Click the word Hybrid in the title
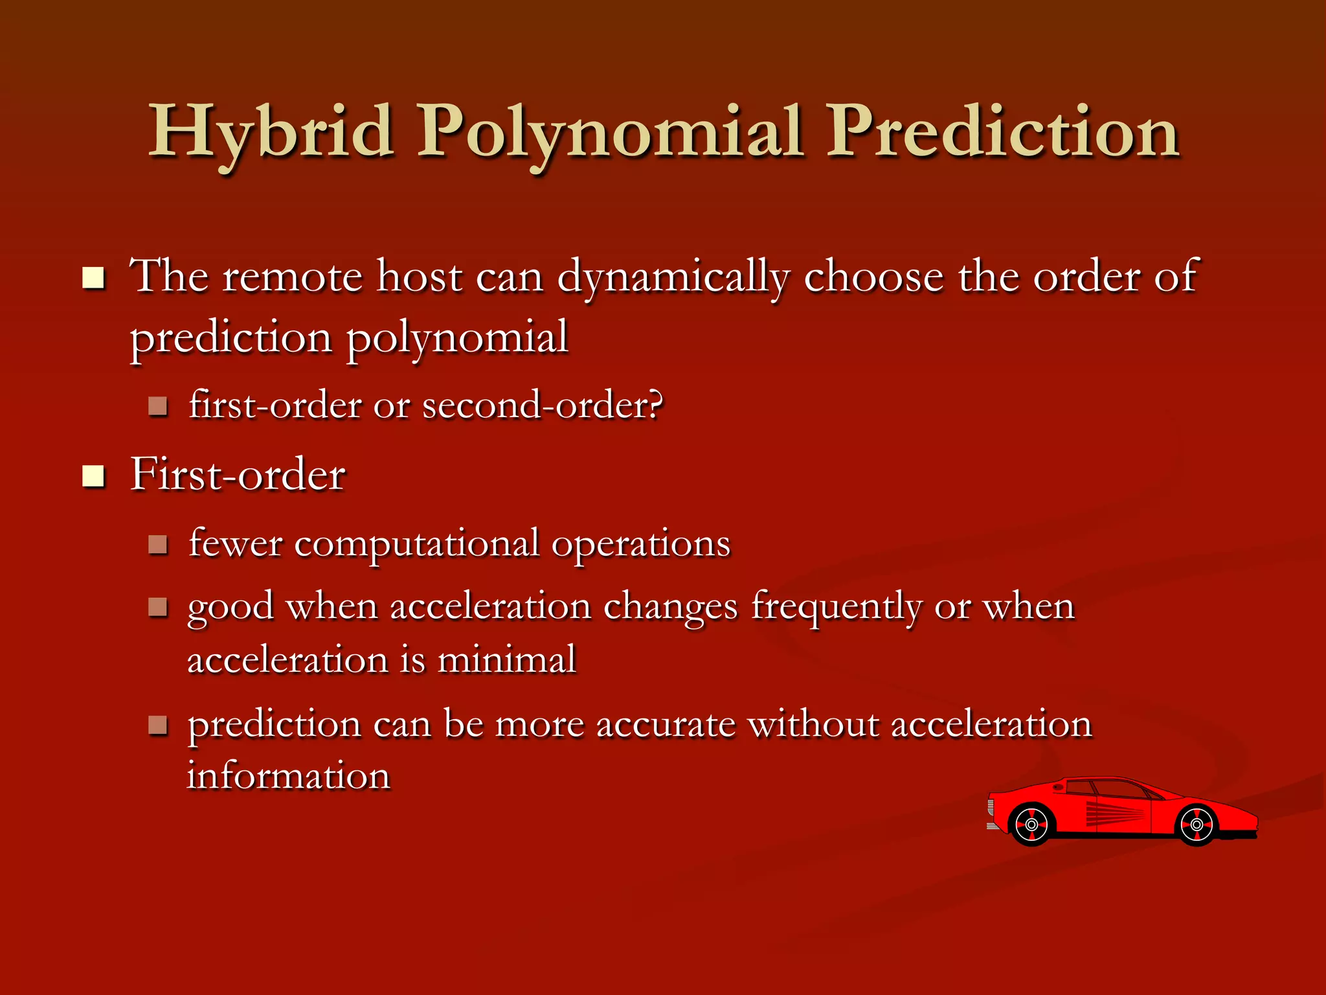[272, 133]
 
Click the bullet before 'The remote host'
[94, 279]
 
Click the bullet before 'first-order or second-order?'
[158, 407]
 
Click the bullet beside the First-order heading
[94, 476]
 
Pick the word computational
[416, 544]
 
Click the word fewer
[235, 544]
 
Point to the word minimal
[506, 661]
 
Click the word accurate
[665, 724]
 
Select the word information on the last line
[289, 776]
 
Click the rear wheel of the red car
[1031, 825]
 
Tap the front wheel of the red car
[1197, 825]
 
